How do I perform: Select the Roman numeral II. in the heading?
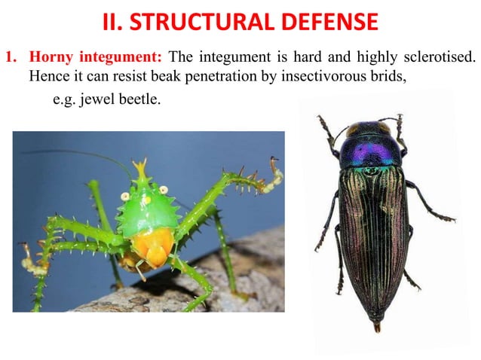(x=114, y=22)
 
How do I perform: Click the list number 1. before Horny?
(x=12, y=57)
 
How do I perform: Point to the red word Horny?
(x=49, y=57)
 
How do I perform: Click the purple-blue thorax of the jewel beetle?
(x=369, y=149)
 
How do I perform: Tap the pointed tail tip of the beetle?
(x=376, y=326)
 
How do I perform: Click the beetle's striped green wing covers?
(x=372, y=233)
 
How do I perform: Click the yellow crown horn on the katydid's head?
(x=140, y=167)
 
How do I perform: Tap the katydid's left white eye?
(x=125, y=196)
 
